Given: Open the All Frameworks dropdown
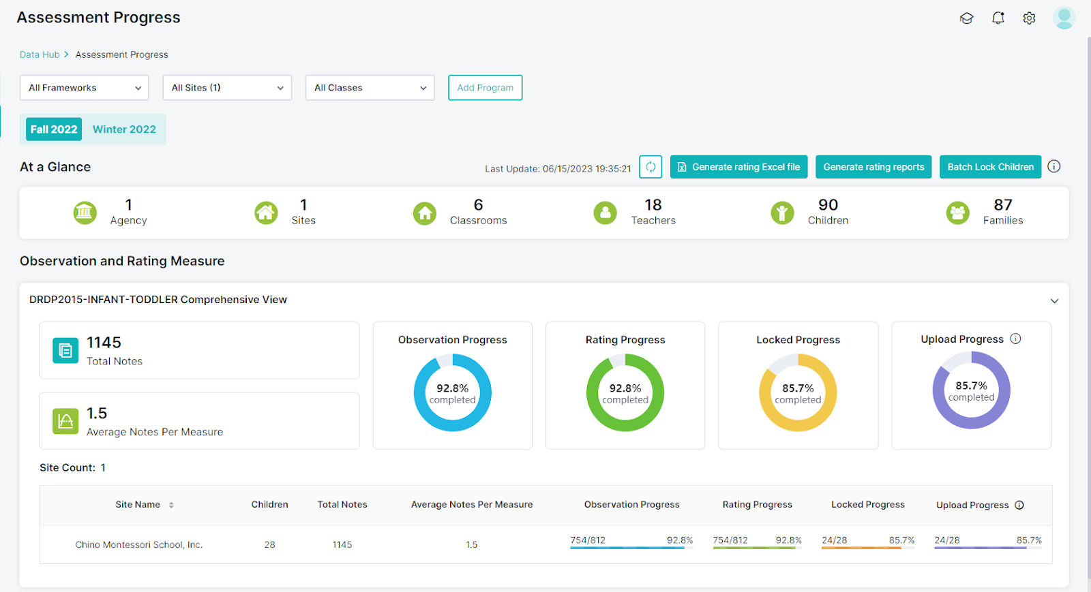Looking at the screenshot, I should pos(85,88).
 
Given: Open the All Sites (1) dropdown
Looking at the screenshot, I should pos(227,88).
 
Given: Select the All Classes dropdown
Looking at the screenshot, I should pos(370,88).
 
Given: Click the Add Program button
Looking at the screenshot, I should pos(485,88).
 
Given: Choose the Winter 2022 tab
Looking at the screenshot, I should pos(124,129).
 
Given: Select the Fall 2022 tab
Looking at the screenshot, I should pos(54,129).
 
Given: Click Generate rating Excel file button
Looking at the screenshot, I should pos(738,167).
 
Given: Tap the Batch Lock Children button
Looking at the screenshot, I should pos(989,167).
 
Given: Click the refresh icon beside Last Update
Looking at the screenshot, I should pos(651,167).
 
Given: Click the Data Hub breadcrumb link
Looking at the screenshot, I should pos(40,54).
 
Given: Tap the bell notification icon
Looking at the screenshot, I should pos(998,18).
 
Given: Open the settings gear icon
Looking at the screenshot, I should pos(1029,18).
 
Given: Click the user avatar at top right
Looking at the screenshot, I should pos(1064,18).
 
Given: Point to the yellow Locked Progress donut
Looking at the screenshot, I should pos(798,393).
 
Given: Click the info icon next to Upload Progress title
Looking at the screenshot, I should pos(1015,339).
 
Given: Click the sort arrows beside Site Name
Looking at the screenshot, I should pos(171,505).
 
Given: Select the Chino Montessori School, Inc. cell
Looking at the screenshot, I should pos(139,544).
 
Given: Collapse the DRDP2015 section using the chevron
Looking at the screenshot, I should pos(1054,300).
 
